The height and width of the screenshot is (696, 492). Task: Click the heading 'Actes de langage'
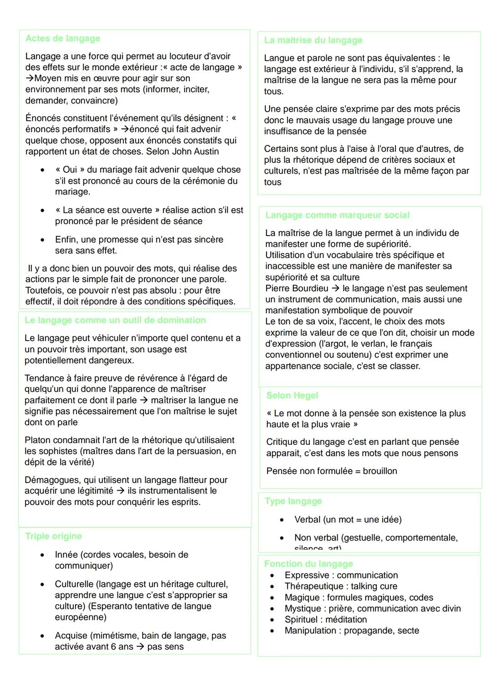[63, 39]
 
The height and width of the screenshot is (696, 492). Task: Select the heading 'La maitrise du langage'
[313, 41]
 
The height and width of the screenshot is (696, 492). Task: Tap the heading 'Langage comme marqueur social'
[337, 215]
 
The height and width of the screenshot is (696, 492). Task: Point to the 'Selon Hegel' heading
[292, 396]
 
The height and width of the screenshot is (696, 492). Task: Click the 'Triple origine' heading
[54, 536]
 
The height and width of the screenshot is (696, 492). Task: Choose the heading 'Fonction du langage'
[308, 564]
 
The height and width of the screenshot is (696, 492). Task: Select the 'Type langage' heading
[293, 501]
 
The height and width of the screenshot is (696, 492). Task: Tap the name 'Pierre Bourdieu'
[297, 289]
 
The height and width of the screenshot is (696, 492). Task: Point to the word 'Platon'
[38, 440]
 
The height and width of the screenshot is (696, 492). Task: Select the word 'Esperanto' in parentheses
[111, 606]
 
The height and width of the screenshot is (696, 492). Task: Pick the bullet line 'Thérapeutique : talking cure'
[341, 586]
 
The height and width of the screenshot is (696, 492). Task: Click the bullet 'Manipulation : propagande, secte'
[352, 631]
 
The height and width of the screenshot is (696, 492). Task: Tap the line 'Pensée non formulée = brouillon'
[332, 471]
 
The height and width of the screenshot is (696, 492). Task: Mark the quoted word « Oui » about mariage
[70, 170]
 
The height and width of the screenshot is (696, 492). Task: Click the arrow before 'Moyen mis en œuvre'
[30, 78]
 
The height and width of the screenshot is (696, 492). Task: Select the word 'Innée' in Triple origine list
[67, 555]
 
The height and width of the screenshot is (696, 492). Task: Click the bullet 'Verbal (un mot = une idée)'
[348, 520]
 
